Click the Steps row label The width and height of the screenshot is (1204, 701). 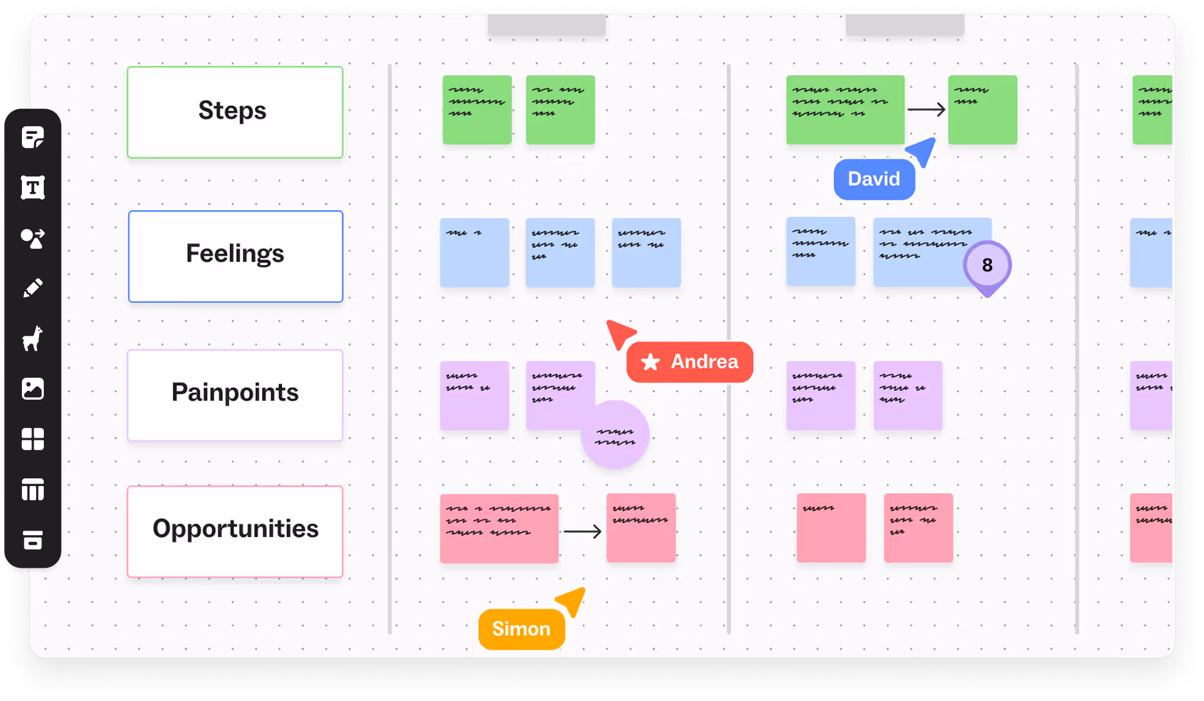(235, 112)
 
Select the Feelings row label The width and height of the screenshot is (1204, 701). (235, 256)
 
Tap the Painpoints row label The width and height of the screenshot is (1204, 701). (235, 394)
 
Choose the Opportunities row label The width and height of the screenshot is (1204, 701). (235, 530)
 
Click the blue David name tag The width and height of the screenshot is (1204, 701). (874, 179)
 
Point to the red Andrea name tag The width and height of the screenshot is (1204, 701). (690, 362)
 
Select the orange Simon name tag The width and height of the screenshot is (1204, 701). (521, 629)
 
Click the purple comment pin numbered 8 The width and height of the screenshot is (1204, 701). (987, 265)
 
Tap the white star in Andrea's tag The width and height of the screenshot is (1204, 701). (650, 362)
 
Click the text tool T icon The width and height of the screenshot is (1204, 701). (33, 188)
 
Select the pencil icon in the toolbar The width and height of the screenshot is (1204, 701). (33, 288)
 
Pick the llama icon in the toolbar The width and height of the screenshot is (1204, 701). (33, 339)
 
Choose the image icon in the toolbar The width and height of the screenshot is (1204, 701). (33, 389)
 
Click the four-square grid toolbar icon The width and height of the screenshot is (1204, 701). (33, 439)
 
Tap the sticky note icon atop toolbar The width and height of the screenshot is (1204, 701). (33, 137)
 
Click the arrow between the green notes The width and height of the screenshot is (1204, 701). (926, 110)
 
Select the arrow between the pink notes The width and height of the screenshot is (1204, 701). (582, 531)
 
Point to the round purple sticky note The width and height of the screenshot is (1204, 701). (615, 435)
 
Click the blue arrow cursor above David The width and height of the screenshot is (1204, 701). (922, 151)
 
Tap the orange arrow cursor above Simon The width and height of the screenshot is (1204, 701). (572, 601)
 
